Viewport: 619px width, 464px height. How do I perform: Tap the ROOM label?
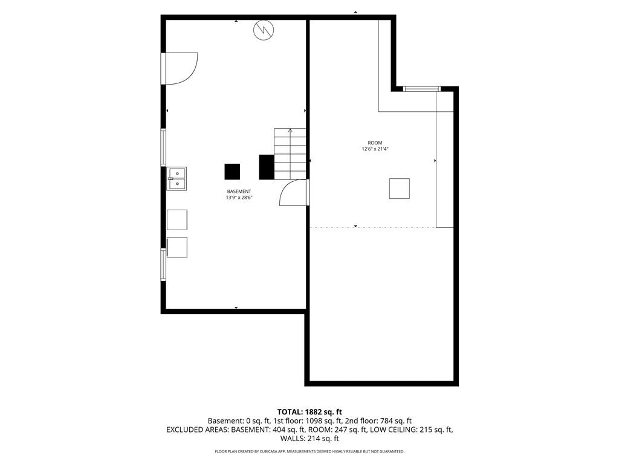(x=375, y=143)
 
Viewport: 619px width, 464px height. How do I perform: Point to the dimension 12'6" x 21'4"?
(x=375, y=149)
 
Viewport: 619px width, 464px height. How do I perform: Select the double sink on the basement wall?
(x=177, y=179)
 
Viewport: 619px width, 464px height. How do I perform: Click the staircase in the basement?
(x=290, y=153)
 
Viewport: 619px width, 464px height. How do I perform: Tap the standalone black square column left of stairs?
(x=232, y=172)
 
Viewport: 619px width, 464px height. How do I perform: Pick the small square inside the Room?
(x=399, y=188)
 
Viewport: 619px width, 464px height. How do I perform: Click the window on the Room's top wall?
(x=422, y=89)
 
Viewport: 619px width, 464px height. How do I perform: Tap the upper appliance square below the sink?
(x=177, y=220)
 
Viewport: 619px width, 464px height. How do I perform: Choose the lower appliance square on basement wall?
(x=177, y=248)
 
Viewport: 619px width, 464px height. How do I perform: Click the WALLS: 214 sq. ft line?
(x=309, y=439)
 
